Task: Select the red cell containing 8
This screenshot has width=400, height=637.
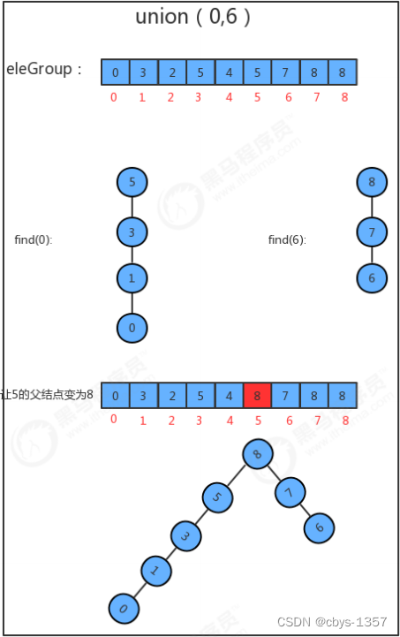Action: pos(257,395)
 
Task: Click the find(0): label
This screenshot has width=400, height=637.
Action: pos(34,239)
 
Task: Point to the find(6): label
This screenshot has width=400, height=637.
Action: pos(287,239)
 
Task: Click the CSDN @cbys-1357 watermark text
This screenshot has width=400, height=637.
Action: pos(332,622)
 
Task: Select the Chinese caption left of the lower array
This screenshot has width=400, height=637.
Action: pos(47,394)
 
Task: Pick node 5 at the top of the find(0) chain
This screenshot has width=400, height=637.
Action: pos(132,182)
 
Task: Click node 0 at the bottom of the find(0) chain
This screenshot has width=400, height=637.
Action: pos(132,328)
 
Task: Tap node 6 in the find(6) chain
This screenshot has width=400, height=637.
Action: pos(372,278)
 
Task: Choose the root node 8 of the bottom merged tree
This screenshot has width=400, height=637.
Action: pos(258,454)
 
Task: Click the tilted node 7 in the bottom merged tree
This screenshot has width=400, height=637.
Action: pos(290,492)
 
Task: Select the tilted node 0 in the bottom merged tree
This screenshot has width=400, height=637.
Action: pos(124,609)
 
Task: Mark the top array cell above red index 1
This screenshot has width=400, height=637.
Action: pos(144,72)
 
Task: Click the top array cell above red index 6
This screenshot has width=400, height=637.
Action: pos(285,72)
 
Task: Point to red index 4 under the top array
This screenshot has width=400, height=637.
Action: pos(229,97)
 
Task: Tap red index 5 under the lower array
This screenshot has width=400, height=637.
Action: pos(258,421)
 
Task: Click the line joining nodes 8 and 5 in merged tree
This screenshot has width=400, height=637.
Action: pos(237,475)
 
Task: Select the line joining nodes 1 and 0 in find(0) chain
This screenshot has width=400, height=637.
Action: pos(132,303)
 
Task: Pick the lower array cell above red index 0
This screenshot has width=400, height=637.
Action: pos(116,395)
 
